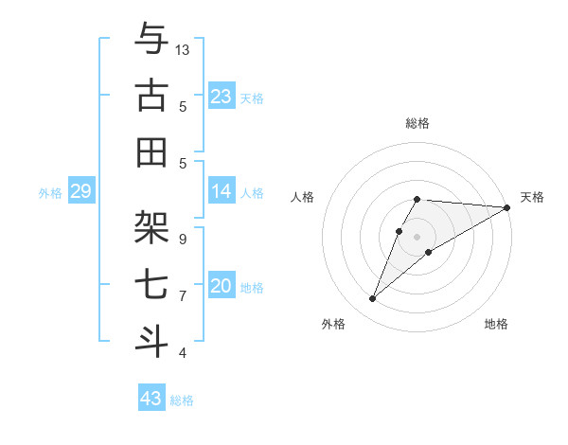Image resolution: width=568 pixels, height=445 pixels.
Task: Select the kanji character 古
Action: pos(152,96)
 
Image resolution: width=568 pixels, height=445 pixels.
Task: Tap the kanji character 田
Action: pos(152,152)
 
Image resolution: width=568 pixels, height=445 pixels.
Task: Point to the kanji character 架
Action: pos(152,228)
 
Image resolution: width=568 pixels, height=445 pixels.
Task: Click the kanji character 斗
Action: pos(152,342)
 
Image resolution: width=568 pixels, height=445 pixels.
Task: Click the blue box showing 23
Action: pos(222,97)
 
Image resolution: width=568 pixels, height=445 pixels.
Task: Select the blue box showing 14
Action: pos(222,192)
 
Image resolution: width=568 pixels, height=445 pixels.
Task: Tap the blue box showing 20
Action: pos(222,287)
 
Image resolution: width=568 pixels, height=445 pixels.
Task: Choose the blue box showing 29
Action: pos(80,192)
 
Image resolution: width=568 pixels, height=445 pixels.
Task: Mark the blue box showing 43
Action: pos(151,399)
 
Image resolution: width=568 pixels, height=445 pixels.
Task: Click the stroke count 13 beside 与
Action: pos(183,49)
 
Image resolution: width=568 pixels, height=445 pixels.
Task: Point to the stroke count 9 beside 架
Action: pos(183,239)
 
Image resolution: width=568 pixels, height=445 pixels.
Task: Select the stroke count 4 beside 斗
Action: pos(183,352)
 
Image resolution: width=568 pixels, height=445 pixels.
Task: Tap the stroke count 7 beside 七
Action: pos(183,295)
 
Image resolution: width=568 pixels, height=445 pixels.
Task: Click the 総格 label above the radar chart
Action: pos(417,123)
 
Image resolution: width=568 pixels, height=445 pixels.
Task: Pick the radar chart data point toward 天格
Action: pos(507,207)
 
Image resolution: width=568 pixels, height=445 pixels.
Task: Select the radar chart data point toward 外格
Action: pos(372,299)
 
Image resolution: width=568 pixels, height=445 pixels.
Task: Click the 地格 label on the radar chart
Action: pos(496,325)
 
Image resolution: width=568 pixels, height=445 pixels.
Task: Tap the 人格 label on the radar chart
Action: pos(303,197)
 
